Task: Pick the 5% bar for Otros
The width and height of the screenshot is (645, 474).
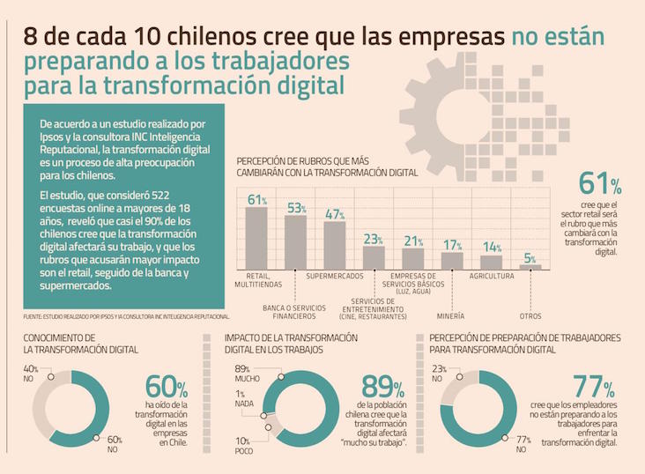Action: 530,266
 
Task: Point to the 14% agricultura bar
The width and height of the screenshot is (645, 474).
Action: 491,262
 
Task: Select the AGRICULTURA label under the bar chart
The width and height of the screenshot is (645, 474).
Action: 491,276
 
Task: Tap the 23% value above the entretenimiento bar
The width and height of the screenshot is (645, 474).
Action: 374,239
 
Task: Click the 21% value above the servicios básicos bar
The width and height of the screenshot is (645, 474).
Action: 413,241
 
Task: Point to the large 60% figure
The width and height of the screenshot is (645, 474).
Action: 167,386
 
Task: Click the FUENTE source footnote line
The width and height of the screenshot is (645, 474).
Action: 126,315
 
